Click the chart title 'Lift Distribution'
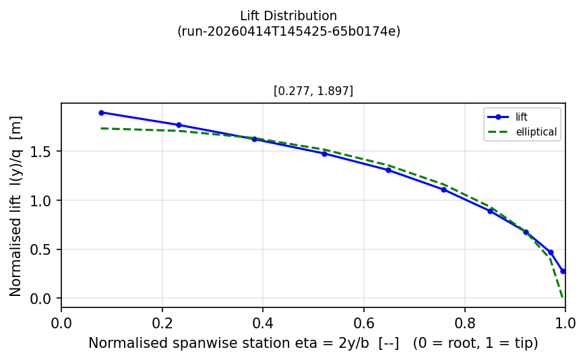(288, 16)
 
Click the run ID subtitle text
(288, 31)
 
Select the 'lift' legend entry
(522, 117)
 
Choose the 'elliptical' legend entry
(536, 132)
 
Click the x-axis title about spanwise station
(313, 343)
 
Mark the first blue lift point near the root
(101, 113)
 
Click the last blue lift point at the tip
(563, 271)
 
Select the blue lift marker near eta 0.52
(324, 154)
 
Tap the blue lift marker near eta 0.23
(179, 125)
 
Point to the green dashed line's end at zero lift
(563, 297)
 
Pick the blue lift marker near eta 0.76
(443, 189)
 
